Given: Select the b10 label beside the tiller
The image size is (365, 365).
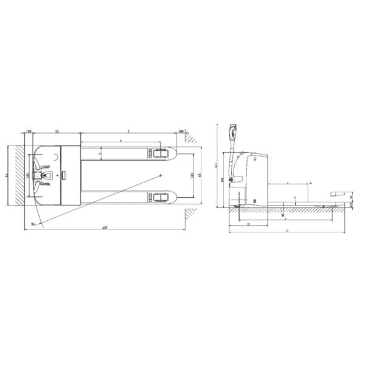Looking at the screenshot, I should [x=28, y=175].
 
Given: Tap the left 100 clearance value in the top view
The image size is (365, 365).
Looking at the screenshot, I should [x=29, y=131].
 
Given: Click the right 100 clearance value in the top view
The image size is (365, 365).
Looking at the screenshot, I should [x=181, y=131].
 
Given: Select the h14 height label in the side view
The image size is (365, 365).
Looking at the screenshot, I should [x=217, y=164].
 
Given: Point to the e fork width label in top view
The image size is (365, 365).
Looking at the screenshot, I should [x=100, y=153].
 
